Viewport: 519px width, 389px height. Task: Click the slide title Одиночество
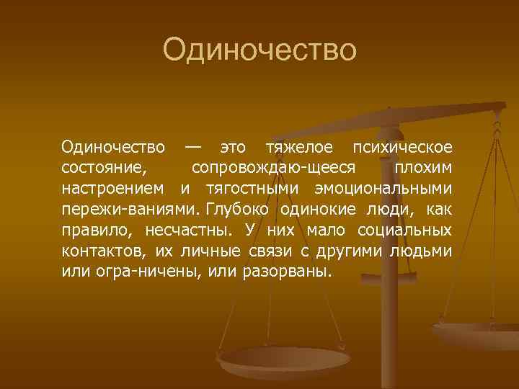pyautogui.click(x=259, y=50)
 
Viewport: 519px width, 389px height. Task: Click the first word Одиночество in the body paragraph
pyautogui.click(x=113, y=148)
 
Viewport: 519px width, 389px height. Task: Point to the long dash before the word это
pyautogui.click(x=192, y=147)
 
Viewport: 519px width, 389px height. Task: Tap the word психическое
pyautogui.click(x=402, y=148)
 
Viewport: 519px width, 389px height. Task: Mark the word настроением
pyautogui.click(x=116, y=189)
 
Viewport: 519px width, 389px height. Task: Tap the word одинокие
pyautogui.click(x=319, y=210)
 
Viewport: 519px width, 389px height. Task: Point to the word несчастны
pyautogui.click(x=189, y=231)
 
